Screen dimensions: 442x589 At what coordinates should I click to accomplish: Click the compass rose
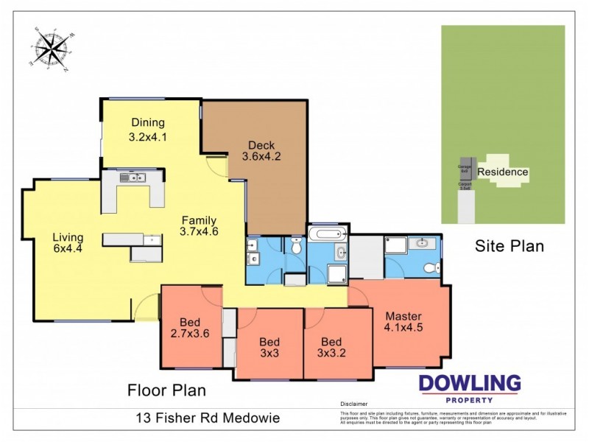[x=50, y=49]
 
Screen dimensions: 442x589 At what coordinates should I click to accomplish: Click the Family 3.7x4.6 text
[x=199, y=225]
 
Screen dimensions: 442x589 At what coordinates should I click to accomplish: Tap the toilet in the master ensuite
[x=435, y=267]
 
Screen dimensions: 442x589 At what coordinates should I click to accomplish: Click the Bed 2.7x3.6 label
[x=190, y=327]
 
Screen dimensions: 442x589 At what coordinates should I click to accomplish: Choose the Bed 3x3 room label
[x=269, y=347]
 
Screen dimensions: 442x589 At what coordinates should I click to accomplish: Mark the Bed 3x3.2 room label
[x=331, y=347]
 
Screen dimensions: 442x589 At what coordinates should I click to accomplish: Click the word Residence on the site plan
[x=503, y=172]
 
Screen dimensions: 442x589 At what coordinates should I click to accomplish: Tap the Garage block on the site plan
[x=465, y=169]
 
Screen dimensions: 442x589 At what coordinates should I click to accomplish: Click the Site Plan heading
[x=509, y=246]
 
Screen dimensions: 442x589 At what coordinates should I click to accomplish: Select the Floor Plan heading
[x=166, y=390]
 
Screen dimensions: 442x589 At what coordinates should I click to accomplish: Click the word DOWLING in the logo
[x=470, y=383]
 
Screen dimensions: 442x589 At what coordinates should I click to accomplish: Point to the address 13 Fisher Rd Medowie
[x=208, y=418]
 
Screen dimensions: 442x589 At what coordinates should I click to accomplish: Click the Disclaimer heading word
[x=353, y=404]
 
